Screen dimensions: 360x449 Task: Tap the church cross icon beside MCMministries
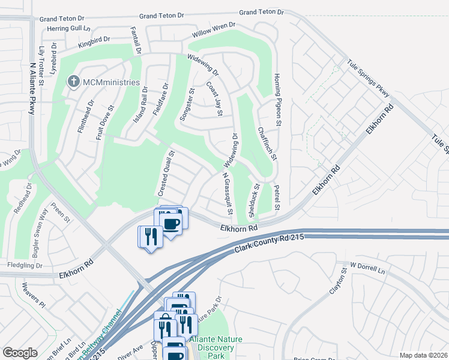[x=74, y=82]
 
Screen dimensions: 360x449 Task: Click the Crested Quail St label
[x=166, y=173]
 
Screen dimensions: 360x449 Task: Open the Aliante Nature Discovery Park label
[x=216, y=347]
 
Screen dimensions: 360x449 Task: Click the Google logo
[x=20, y=352]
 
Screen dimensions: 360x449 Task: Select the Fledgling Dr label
[x=25, y=265]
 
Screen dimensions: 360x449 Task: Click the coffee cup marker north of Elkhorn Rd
[x=172, y=223]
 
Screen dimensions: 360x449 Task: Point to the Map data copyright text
[x=423, y=355]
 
